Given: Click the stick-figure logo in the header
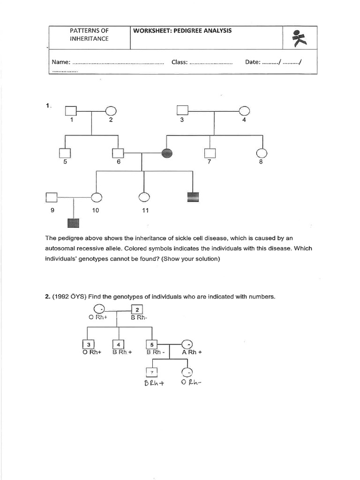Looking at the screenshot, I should click(299, 38).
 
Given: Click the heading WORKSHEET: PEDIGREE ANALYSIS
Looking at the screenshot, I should click(182, 31).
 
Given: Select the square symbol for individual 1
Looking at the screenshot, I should click(71, 111).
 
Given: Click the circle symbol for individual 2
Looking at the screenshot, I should click(111, 111).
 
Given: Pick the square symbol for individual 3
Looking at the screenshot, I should click(182, 111).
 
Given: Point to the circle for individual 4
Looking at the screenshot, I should click(244, 111).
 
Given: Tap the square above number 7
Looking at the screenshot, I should click(210, 153).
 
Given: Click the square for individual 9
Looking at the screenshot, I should click(52, 198).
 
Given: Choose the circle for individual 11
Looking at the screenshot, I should click(144, 198).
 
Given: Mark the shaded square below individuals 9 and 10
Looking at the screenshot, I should click(74, 224).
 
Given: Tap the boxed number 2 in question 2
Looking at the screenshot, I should click(136, 310).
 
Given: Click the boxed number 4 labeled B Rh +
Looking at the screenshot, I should click(119, 345).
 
